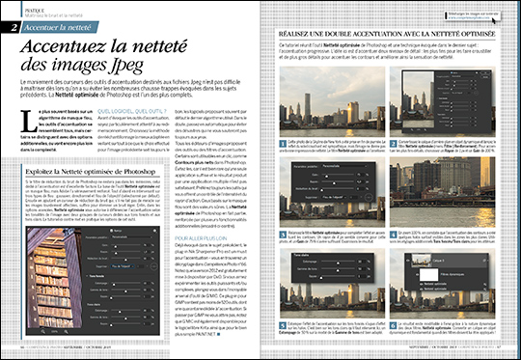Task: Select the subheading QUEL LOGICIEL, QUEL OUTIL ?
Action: tap(126, 111)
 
